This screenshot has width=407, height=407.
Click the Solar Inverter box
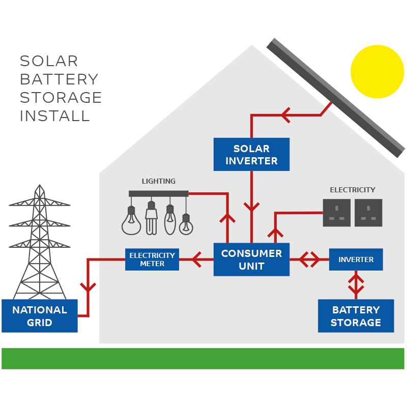pyautogui.click(x=251, y=154)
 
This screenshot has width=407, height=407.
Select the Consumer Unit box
pyautogui.click(x=251, y=259)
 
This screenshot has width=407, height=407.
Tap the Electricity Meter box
pyautogui.click(x=152, y=259)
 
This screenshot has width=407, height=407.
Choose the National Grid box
pyautogui.click(x=40, y=315)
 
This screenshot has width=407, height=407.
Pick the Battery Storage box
pyautogui.click(x=356, y=315)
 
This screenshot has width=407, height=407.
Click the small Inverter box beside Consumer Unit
pyautogui.click(x=356, y=259)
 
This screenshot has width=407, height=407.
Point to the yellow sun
pyautogui.click(x=377, y=72)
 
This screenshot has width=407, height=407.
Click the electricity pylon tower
pyautogui.click(x=40, y=242)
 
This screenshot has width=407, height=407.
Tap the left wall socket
pyautogui.click(x=337, y=213)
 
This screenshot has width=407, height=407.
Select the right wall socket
pyautogui.click(x=368, y=213)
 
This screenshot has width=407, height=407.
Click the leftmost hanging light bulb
pyautogui.click(x=131, y=221)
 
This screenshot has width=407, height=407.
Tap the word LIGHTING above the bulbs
pyautogui.click(x=159, y=181)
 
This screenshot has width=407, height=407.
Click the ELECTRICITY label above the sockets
pyautogui.click(x=353, y=190)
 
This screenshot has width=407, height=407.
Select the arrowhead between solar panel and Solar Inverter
pyautogui.click(x=286, y=115)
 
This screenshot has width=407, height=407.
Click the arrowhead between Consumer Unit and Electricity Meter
pyautogui.click(x=196, y=259)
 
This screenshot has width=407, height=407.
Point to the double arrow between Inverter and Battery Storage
pyautogui.click(x=356, y=285)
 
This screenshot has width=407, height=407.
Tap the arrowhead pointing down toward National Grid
pyautogui.click(x=88, y=287)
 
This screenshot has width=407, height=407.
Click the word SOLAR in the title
pyautogui.click(x=49, y=61)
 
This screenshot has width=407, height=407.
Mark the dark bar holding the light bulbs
pyautogui.click(x=159, y=194)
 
